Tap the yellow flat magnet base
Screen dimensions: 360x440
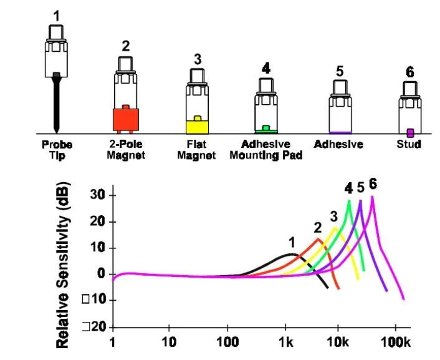pos(197,126)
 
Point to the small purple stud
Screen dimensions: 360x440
pos(410,132)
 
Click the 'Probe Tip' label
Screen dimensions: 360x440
pos(57,150)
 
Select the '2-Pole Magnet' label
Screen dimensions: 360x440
pos(126,150)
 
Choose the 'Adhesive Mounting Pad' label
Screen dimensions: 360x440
pos(266,150)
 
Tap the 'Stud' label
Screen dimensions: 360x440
pos(409,144)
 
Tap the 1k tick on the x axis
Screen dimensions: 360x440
pos(286,343)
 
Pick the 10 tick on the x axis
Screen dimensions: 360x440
pos(168,343)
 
